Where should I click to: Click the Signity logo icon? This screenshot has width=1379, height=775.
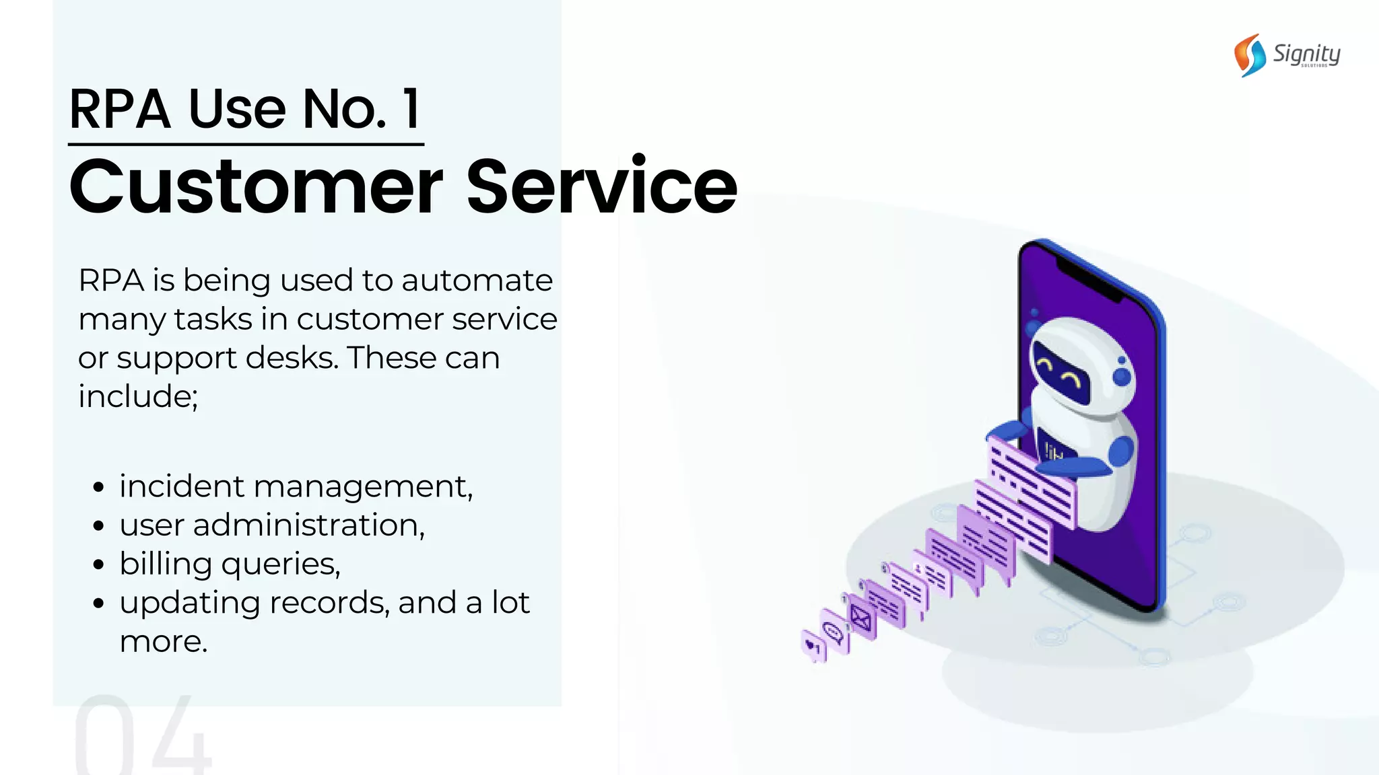coord(1249,55)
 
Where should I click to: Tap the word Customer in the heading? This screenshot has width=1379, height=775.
coord(256,186)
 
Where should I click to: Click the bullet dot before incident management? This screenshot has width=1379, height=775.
coord(99,486)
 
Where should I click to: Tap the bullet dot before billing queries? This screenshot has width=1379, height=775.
coord(99,564)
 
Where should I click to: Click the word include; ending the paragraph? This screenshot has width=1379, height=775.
coord(138,396)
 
